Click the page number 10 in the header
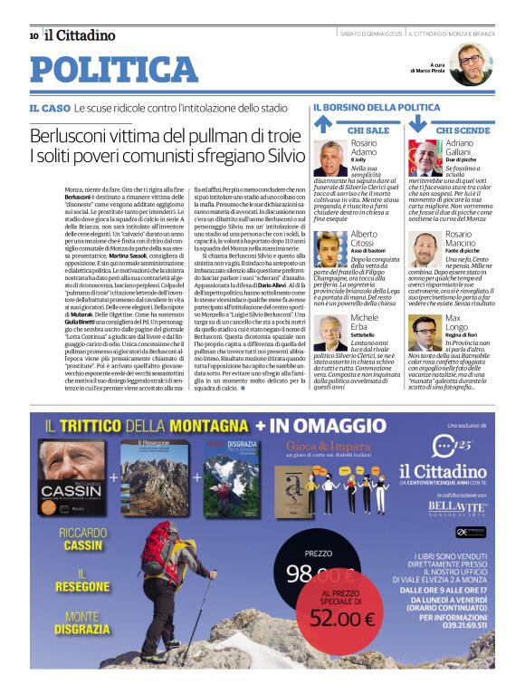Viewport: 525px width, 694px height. click(x=33, y=35)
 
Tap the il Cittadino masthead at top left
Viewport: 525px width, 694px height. click(x=81, y=35)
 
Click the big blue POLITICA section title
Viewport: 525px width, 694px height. click(x=114, y=70)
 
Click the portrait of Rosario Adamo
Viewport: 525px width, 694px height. click(x=330, y=158)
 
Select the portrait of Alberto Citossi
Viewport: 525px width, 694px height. click(x=330, y=247)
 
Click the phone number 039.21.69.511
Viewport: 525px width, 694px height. click(x=450, y=651)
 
